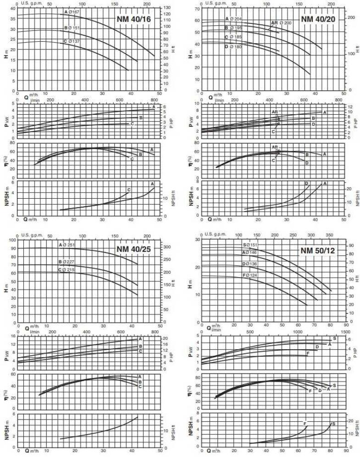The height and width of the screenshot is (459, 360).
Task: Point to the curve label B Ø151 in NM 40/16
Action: click(72, 28)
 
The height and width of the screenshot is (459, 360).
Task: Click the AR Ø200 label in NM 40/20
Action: click(281, 22)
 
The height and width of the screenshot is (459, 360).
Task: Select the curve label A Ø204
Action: click(233, 19)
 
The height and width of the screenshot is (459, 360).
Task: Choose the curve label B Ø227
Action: click(67, 262)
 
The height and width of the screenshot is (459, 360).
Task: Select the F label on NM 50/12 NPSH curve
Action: click(305, 423)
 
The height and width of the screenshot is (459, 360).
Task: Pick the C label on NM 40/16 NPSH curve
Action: click(129, 190)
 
